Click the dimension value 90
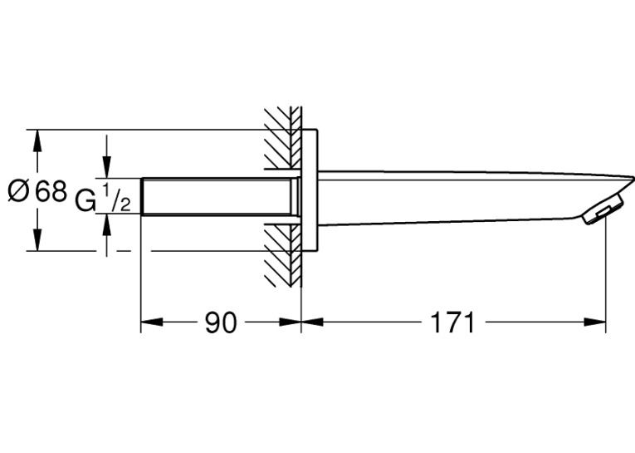pyautogui.click(x=220, y=323)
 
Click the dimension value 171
pyautogui.click(x=452, y=323)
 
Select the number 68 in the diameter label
pyautogui.click(x=51, y=191)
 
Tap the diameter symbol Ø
pyautogui.click(x=18, y=191)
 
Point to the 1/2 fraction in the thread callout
pyautogui.click(x=116, y=198)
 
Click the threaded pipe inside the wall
pyautogui.click(x=219, y=196)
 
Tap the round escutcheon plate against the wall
pyautogui.click(x=310, y=190)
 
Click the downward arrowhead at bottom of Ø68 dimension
pyautogui.click(x=37, y=239)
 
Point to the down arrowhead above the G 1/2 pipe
pyautogui.click(x=106, y=167)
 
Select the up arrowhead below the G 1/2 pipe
pyautogui.click(x=106, y=225)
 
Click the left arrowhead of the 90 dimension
pyautogui.click(x=152, y=322)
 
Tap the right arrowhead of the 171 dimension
pyautogui.click(x=594, y=322)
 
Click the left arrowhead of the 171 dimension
pyautogui.click(x=313, y=322)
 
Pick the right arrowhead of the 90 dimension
pyautogui.click(x=290, y=322)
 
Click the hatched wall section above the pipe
pyautogui.click(x=283, y=138)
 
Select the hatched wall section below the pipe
pyautogui.click(x=283, y=255)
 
